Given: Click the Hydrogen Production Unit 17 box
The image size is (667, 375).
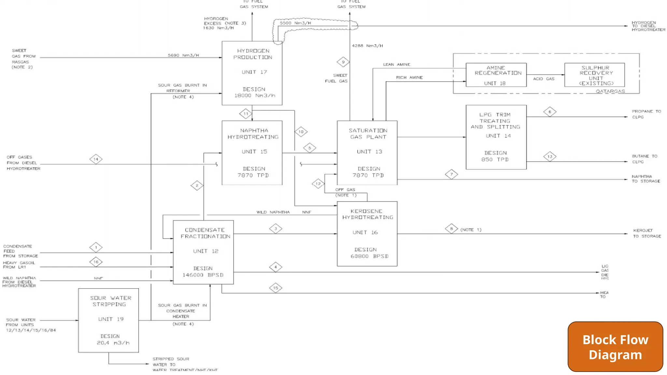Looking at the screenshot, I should click(x=252, y=73).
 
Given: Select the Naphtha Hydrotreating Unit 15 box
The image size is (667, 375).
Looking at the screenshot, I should click(x=252, y=153).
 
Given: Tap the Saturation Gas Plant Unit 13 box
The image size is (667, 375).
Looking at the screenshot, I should click(x=367, y=153).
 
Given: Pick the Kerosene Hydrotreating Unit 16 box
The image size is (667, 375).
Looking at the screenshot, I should click(x=367, y=233).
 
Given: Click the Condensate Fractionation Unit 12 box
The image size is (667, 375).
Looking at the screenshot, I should click(x=203, y=252).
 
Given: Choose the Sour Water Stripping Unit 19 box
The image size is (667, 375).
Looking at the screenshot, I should click(x=108, y=320).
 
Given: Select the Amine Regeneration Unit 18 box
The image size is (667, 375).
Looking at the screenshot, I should click(x=496, y=75).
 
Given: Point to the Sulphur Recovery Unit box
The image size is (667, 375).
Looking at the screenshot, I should click(x=594, y=75).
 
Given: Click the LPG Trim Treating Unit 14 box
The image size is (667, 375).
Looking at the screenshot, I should click(x=496, y=137).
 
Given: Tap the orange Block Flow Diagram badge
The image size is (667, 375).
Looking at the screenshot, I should click(x=615, y=347).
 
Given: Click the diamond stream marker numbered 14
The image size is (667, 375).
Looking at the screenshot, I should click(x=96, y=159).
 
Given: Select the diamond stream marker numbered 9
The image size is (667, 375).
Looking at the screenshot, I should click(x=343, y=62).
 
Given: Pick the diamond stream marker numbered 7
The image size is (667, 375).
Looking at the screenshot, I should click(x=451, y=174).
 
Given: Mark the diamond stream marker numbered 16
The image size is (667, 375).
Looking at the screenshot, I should click(x=96, y=262).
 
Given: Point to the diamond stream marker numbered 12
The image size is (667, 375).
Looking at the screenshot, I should click(x=318, y=184).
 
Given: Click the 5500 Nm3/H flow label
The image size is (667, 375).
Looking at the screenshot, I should click(x=295, y=23).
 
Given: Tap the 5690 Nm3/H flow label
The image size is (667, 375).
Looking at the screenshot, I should click(x=183, y=55).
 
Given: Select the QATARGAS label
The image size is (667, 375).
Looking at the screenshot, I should click(x=610, y=91).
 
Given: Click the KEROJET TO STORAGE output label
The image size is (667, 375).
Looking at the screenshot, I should click(x=647, y=233).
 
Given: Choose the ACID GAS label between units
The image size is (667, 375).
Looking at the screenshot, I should click(x=544, y=79).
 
